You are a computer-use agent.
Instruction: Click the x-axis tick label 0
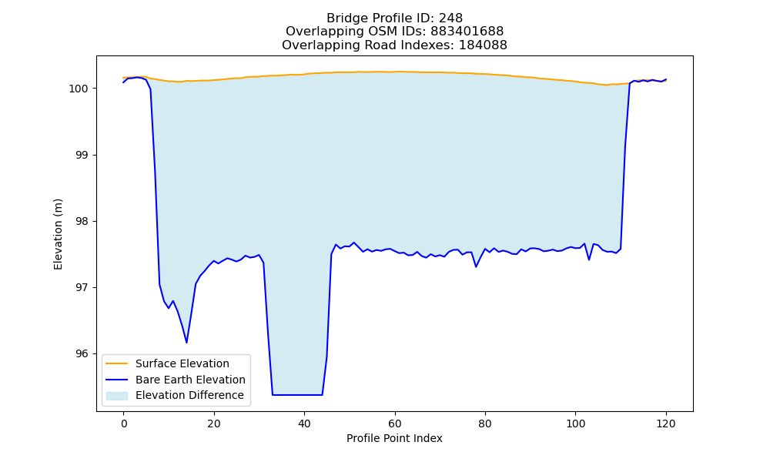[124, 423]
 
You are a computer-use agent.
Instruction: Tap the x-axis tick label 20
[214, 423]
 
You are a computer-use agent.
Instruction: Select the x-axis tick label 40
[304, 423]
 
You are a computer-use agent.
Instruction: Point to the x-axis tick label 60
[395, 423]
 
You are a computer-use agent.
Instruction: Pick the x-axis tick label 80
[485, 423]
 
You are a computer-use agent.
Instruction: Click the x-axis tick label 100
[575, 423]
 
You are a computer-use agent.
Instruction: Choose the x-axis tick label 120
[666, 423]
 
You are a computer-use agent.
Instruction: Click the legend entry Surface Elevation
[182, 363]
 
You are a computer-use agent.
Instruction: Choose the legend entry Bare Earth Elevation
[190, 380]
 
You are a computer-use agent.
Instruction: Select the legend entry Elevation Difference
[189, 395]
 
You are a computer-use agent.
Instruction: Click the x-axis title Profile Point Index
[394, 438]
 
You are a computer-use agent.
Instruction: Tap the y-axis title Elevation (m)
[58, 234]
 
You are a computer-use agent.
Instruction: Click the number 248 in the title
[450, 18]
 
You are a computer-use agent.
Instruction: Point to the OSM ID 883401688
[467, 32]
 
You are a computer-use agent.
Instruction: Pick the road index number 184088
[484, 45]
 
